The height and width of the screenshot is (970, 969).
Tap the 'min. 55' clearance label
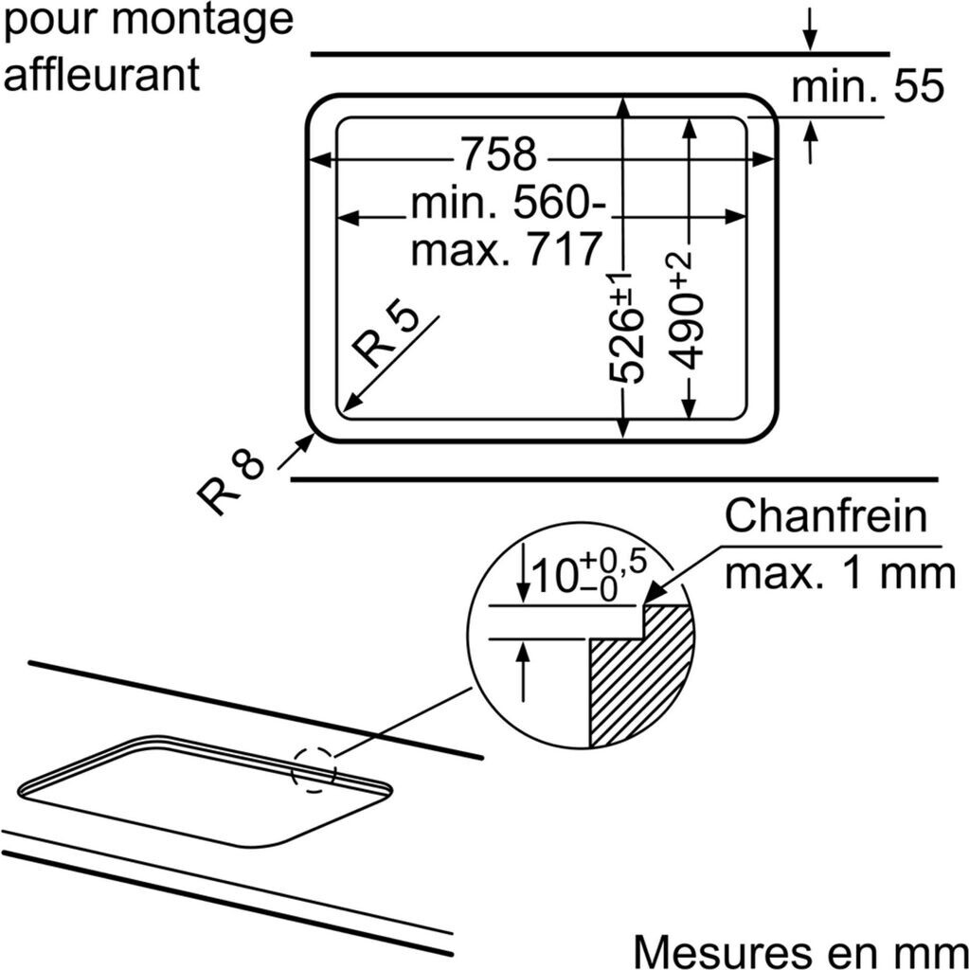(x=868, y=87)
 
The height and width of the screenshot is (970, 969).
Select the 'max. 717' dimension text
(x=508, y=248)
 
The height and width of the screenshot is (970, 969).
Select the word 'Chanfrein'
(x=824, y=517)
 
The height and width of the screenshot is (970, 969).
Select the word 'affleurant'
(x=101, y=74)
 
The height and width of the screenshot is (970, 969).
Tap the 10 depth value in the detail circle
(x=554, y=574)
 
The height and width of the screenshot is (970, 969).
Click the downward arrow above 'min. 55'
(x=809, y=28)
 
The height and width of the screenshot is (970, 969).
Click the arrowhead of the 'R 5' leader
(x=349, y=404)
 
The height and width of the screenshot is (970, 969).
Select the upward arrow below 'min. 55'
(x=810, y=142)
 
